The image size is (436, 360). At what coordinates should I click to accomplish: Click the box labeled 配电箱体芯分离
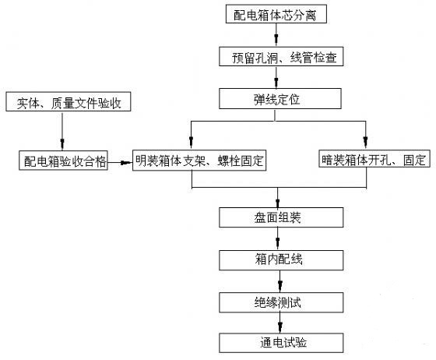pos(276,14)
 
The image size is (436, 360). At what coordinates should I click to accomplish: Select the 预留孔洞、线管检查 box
pos(281,56)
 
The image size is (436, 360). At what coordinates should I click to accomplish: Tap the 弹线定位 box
pos(280,98)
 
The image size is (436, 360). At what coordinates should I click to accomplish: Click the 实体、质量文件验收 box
pos(69,101)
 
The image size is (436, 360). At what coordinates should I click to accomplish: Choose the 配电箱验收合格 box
pos(63,161)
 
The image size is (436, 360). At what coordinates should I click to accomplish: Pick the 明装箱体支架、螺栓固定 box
pos(199,161)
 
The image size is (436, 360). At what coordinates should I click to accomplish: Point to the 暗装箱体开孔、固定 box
pos(374,159)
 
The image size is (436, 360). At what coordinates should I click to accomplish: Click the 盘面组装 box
pos(281,217)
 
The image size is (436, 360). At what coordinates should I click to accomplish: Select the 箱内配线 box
pos(281,260)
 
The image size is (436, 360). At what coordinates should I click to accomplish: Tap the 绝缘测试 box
pos(281,302)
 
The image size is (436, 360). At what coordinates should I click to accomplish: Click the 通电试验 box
pos(281,343)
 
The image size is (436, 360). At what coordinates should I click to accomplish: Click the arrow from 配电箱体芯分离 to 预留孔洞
pos(276,35)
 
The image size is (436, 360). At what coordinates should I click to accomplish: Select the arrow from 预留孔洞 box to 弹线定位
pos(276,77)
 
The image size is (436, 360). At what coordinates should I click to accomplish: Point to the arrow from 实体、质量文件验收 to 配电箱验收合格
pos(62,131)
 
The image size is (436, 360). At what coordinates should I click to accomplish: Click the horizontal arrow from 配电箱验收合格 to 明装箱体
pos(120,163)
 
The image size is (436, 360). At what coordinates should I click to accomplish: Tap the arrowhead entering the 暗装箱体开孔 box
pos(366,142)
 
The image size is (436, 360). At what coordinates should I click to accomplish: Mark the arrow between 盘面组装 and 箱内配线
pos(277,239)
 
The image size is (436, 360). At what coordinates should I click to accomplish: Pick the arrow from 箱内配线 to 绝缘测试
pos(280,281)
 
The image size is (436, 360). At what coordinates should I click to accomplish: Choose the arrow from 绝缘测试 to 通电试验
pos(280,323)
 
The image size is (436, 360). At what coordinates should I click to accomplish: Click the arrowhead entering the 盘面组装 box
pos(277,203)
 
